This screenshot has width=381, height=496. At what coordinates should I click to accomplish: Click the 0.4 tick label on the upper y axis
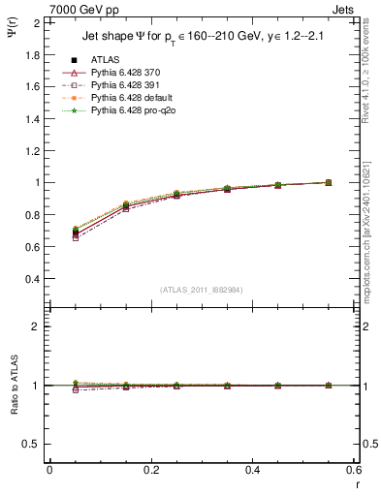pos(32,279)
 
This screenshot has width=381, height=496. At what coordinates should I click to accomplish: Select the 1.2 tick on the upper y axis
pos(32,150)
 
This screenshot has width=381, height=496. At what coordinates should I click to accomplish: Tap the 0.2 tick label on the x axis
pos(150,470)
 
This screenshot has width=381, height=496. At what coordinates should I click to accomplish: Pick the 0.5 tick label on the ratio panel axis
pos(32,444)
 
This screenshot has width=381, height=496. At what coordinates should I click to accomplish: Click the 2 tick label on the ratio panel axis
pos(35,326)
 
